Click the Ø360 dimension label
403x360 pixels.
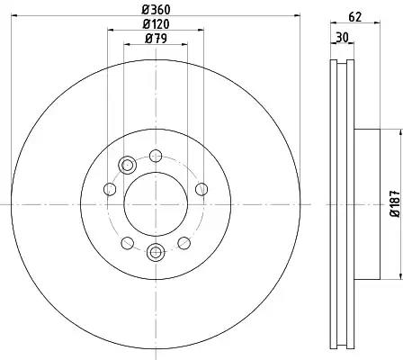point(155,11)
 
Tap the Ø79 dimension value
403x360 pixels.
point(155,40)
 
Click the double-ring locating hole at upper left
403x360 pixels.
point(127,164)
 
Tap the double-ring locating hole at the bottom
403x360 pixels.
point(155,253)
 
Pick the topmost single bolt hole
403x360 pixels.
point(155,154)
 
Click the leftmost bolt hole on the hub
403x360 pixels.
point(110,189)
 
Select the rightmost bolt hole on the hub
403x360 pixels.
point(200,189)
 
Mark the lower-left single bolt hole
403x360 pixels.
point(127,243)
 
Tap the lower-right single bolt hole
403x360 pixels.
point(184,243)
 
